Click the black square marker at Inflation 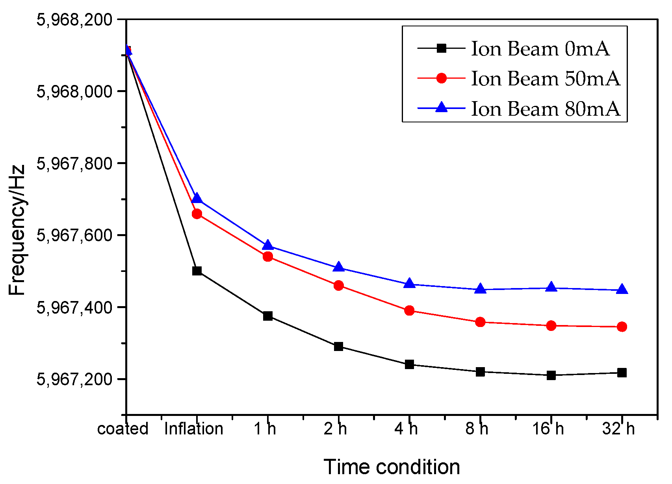197,271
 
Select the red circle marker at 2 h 338,285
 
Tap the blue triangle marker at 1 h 268,246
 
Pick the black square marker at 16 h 551,375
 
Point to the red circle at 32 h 622,327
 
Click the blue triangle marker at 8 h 480,289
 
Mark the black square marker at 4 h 409,364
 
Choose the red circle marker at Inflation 197,214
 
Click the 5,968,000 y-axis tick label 74,91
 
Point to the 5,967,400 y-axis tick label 74,307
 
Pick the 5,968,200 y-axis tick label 74,19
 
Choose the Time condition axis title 392,467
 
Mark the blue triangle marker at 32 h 622,290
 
